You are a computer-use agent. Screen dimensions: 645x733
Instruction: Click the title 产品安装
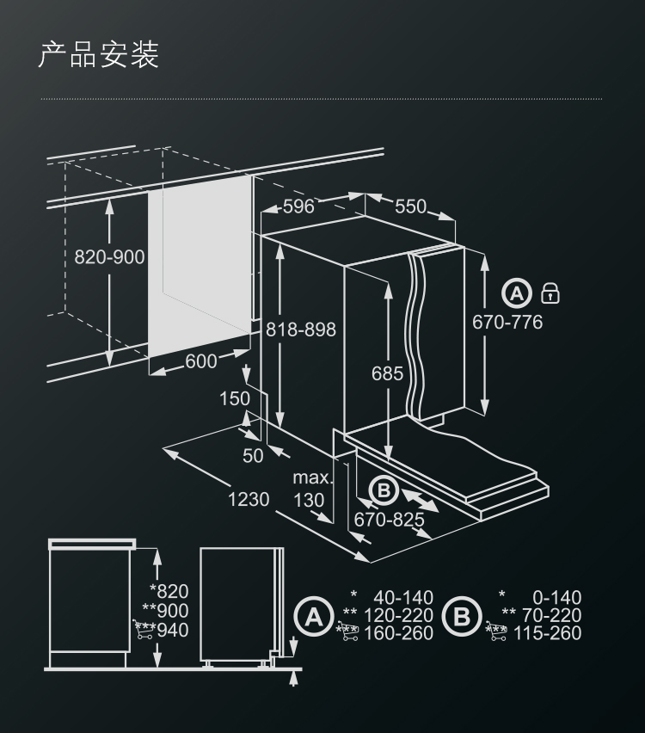pyautogui.click(x=99, y=55)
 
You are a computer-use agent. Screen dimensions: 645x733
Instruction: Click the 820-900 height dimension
pyautogui.click(x=109, y=257)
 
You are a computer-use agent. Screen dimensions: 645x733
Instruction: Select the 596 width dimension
pyautogui.click(x=298, y=206)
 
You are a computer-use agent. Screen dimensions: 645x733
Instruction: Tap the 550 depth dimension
pyautogui.click(x=410, y=206)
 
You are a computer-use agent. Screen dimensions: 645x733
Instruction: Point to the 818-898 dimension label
pyautogui.click(x=301, y=330)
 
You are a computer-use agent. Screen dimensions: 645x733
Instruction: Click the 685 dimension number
pyautogui.click(x=388, y=373)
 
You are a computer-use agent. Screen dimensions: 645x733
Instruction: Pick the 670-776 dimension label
pyautogui.click(x=507, y=322)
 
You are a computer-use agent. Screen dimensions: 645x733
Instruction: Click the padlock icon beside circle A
pyautogui.click(x=550, y=293)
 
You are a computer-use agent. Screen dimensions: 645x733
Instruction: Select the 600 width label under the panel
pyautogui.click(x=201, y=361)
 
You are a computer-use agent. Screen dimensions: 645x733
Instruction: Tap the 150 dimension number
pyautogui.click(x=235, y=398)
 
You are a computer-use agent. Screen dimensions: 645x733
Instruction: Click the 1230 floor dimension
pyautogui.click(x=249, y=499)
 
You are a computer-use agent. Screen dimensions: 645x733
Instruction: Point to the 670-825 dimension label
pyautogui.click(x=389, y=520)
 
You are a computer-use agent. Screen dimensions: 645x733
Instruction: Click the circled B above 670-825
pyautogui.click(x=384, y=490)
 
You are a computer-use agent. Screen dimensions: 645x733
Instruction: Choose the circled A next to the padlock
pyautogui.click(x=517, y=293)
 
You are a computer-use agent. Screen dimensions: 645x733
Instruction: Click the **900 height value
pyautogui.click(x=165, y=611)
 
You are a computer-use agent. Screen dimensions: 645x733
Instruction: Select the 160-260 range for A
pyautogui.click(x=399, y=633)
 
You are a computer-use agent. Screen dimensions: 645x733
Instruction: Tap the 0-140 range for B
pyautogui.click(x=557, y=597)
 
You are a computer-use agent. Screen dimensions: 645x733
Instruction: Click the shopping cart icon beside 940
pyautogui.click(x=144, y=629)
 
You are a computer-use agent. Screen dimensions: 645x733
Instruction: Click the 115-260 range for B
pyautogui.click(x=547, y=633)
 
